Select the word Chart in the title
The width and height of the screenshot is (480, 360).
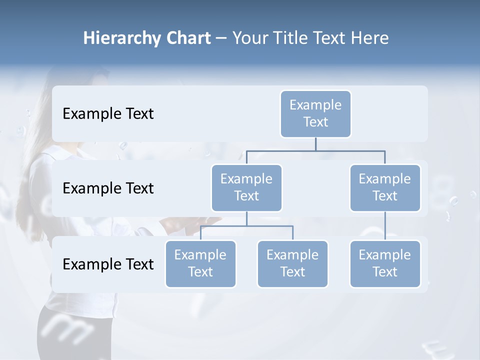point(188,38)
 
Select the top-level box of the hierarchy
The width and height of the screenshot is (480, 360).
point(315,113)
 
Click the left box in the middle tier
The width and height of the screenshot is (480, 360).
point(246,187)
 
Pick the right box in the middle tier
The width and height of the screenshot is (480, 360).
point(385,187)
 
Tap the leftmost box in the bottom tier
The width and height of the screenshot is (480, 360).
point(200,263)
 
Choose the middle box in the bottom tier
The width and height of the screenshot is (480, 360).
point(292,263)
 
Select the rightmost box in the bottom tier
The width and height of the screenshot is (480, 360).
point(385,263)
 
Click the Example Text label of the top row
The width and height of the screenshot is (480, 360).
point(108,114)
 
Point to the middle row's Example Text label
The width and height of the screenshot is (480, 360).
point(108,188)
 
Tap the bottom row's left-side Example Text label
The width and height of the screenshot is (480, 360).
point(108,264)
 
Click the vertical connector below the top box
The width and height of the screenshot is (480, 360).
point(315,144)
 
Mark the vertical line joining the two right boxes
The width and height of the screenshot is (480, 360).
point(385,226)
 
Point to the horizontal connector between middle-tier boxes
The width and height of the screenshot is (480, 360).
point(315,150)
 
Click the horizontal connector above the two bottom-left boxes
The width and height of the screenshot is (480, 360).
point(246,226)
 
